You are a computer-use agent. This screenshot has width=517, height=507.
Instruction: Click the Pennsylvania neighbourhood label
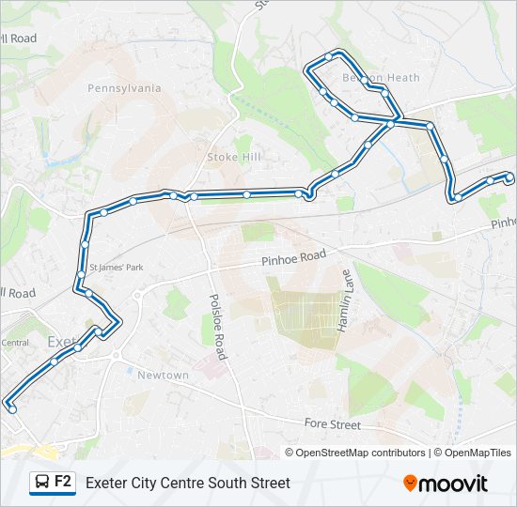[124, 88]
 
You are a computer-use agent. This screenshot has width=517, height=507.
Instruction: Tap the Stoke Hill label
[234, 157]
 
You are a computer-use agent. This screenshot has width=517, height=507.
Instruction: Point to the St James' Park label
[116, 268]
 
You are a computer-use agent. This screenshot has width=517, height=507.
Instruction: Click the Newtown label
[164, 376]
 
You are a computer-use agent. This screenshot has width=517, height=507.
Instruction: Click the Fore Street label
[332, 424]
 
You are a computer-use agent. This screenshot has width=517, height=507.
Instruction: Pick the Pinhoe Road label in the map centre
[293, 255]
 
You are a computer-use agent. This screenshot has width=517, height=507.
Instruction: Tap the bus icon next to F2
[42, 483]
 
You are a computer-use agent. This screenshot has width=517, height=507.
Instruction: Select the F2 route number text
[63, 482]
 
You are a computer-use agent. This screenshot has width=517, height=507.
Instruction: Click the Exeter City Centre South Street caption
[188, 484]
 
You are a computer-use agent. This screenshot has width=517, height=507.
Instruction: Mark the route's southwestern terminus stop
[11, 408]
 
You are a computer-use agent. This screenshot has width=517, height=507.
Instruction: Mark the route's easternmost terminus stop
[509, 177]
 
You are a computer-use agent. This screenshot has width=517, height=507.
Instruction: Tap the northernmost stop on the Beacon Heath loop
[328, 57]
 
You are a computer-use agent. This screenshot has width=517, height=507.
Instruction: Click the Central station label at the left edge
[14, 343]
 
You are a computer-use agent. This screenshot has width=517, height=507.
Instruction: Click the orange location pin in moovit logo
[410, 484]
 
